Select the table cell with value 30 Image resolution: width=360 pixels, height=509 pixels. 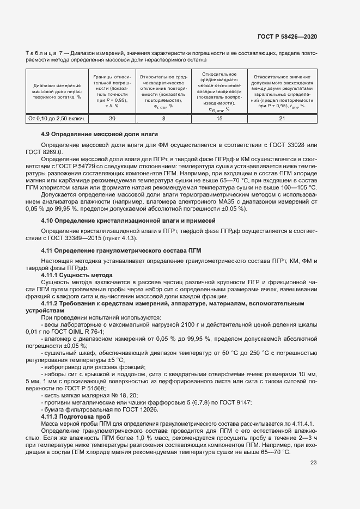tap(112, 118)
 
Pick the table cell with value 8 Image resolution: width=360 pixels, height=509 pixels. tap(163, 118)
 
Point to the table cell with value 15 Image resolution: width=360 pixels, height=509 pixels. tap(219, 118)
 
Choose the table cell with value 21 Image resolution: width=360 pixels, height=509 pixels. tap(282, 118)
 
